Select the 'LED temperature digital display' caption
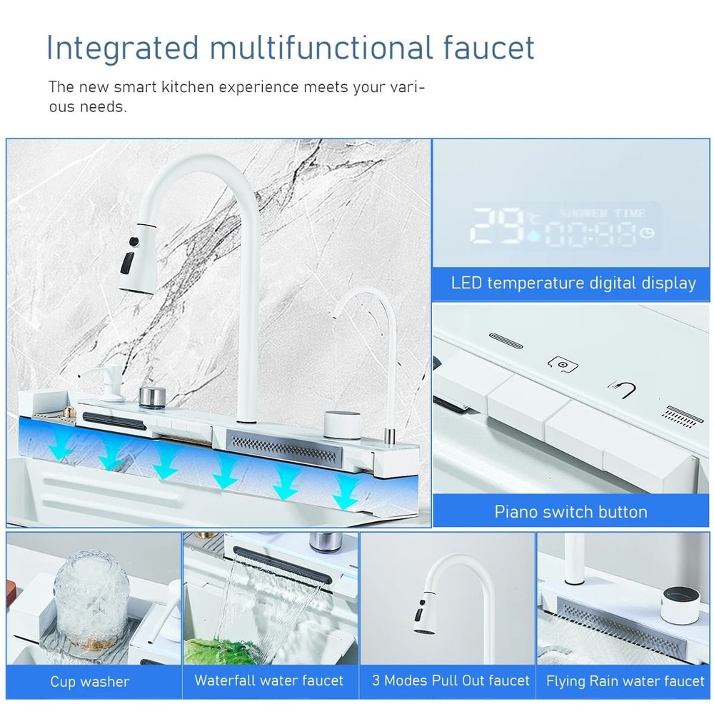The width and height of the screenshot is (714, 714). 573,283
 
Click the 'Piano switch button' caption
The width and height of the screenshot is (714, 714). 571,512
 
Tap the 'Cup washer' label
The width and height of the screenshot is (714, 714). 90,681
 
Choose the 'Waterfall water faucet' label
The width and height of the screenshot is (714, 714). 268,680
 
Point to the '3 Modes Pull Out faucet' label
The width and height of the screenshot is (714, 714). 451,680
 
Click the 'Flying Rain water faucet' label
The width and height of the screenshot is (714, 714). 625,681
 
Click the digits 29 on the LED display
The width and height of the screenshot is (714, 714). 497,226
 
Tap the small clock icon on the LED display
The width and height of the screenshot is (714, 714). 647,233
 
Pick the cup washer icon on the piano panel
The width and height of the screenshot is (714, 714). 563,365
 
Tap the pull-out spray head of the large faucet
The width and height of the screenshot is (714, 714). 138,258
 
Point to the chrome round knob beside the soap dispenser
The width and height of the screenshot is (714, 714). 152,397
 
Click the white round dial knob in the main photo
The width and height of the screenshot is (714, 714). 343,424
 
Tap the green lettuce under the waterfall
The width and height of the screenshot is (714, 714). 221,650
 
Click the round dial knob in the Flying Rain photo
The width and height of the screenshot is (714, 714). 680,604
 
